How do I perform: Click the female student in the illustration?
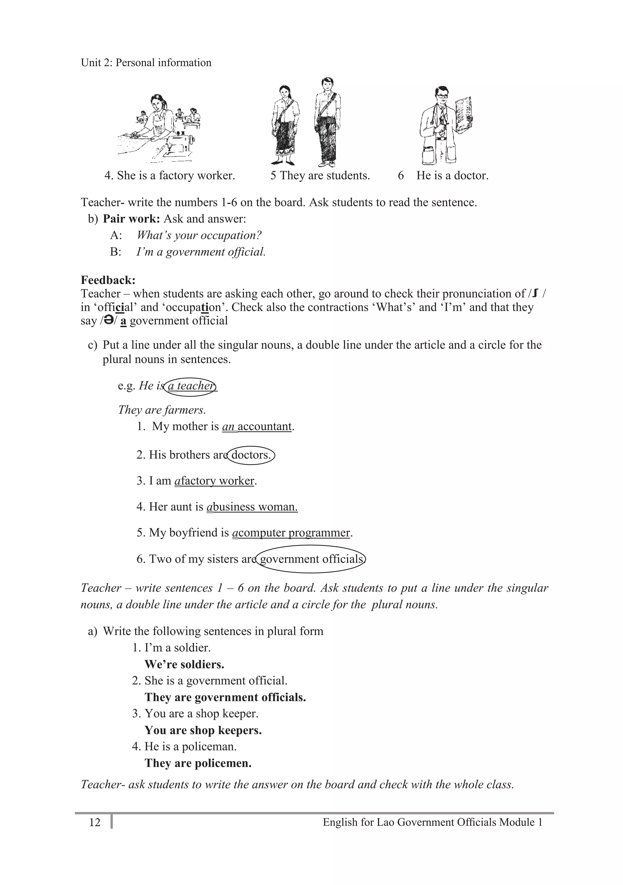[x=285, y=125]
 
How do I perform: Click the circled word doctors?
[x=251, y=455]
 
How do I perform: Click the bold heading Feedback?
[x=108, y=280]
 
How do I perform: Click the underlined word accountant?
[x=265, y=426]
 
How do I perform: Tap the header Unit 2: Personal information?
[x=146, y=62]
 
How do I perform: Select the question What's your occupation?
[x=199, y=235]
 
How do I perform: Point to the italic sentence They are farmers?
[x=162, y=409]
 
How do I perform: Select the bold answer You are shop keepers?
[x=203, y=730]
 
